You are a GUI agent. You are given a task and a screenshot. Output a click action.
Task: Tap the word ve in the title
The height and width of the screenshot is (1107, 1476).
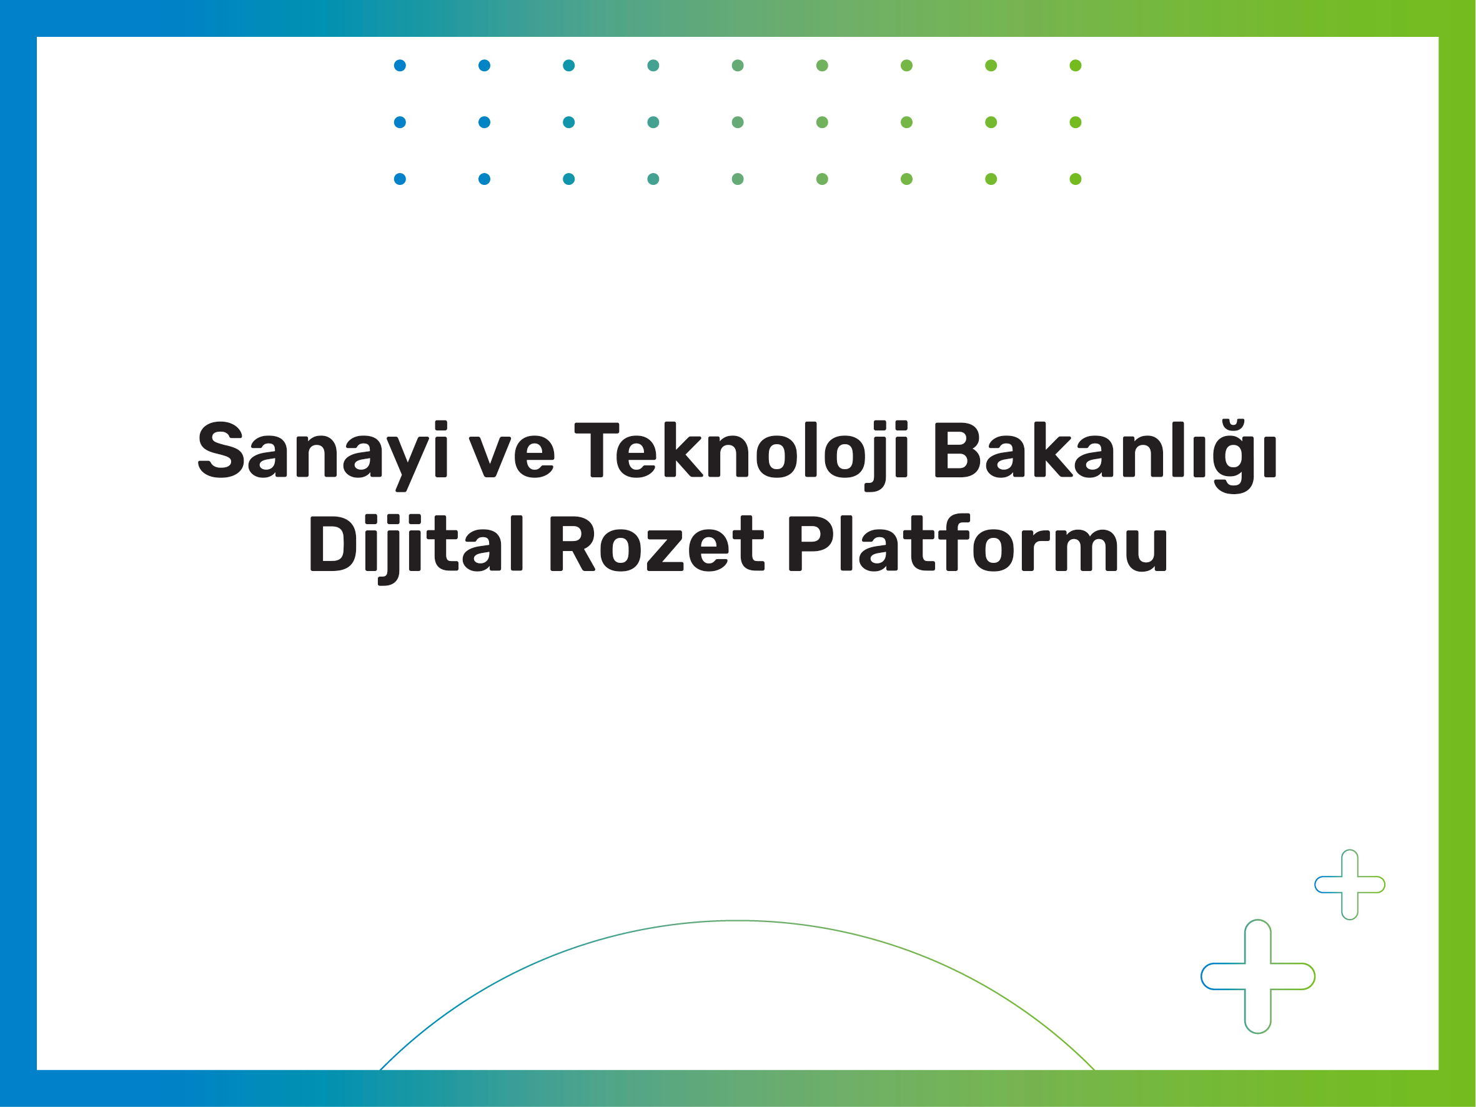[511, 457]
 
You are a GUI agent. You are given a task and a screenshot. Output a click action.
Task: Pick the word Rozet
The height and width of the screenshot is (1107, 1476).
[656, 544]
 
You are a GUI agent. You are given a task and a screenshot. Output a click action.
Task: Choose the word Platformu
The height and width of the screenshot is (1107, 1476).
[978, 542]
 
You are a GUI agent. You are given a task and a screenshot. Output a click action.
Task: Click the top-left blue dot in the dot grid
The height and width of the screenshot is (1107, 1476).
[400, 66]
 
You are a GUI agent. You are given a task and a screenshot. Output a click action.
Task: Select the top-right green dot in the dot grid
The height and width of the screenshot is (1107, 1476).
[1076, 66]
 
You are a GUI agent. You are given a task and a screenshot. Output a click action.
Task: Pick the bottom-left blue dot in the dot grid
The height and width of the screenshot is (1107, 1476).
[400, 179]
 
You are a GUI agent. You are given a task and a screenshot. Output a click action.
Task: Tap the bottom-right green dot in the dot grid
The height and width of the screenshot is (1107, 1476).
[1076, 179]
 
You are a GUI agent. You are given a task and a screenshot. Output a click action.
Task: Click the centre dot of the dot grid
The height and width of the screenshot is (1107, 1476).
[737, 122]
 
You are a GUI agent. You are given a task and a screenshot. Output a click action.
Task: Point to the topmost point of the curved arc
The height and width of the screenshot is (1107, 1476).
[737, 921]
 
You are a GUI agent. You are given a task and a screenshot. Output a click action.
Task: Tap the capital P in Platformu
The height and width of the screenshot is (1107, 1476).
[811, 543]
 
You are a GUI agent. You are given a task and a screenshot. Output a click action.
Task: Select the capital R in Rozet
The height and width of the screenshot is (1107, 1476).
[573, 543]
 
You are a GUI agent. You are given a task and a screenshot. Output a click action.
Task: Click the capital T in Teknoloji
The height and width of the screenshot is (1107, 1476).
[597, 450]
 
